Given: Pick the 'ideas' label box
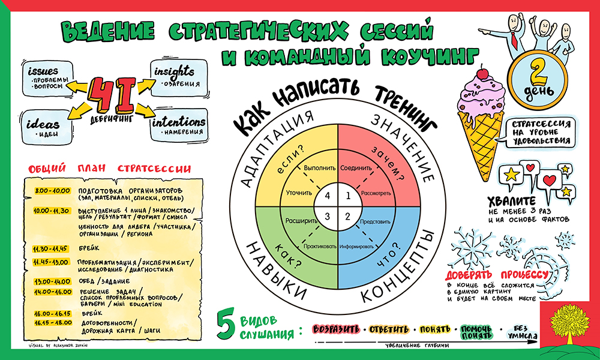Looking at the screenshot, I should pos(45,127).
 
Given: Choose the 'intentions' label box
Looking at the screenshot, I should pos(179,124).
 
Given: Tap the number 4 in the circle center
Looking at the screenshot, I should pos(327,195).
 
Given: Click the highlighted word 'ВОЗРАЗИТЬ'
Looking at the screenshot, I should pos(336,329).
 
